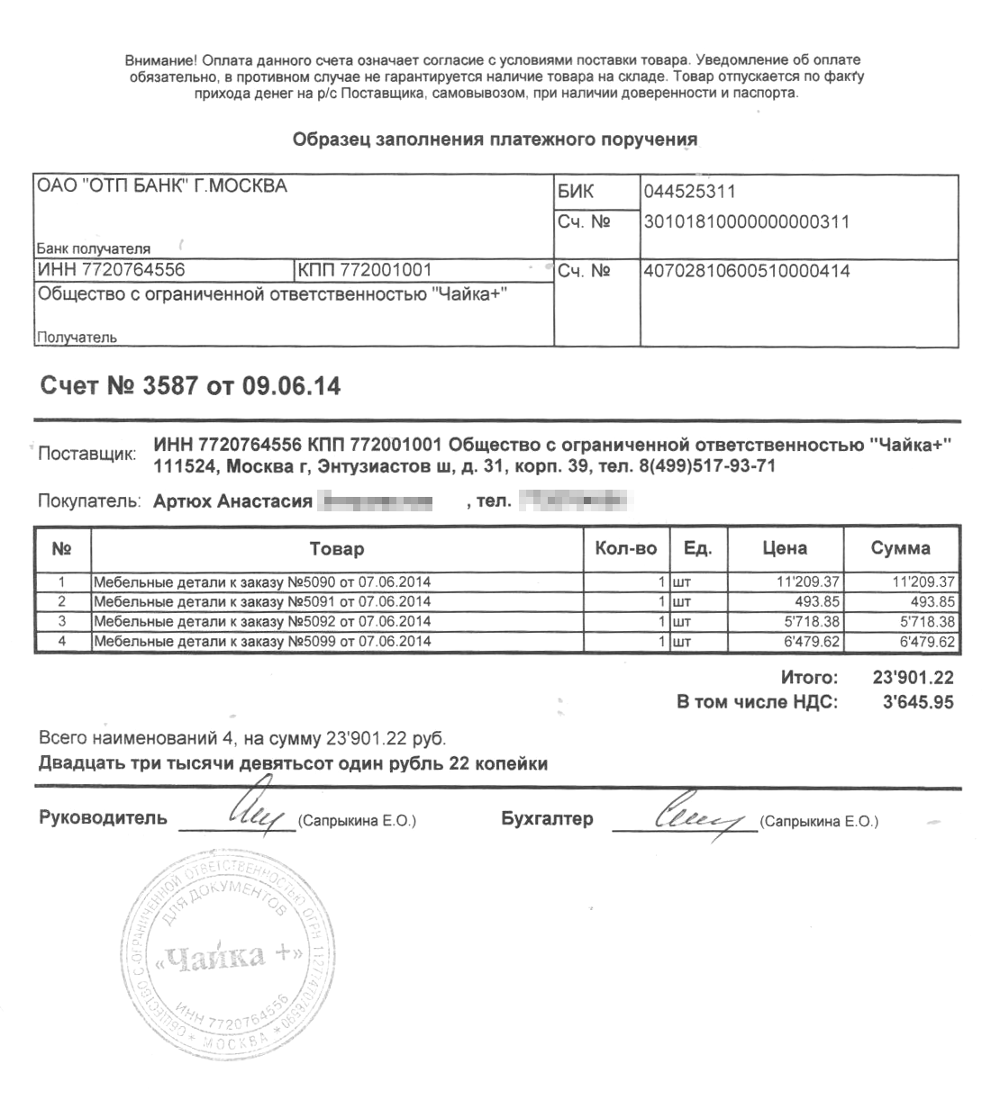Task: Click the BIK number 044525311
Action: pyautogui.click(x=689, y=191)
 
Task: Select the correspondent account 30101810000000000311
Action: pyautogui.click(x=746, y=221)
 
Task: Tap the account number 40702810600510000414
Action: pyautogui.click(x=746, y=270)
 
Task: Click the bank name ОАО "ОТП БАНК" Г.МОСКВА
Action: pyautogui.click(x=161, y=186)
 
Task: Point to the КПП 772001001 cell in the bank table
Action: pyautogui.click(x=365, y=270)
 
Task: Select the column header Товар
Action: pyautogui.click(x=336, y=548)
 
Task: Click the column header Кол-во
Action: pyautogui.click(x=625, y=548)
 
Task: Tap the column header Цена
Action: pyautogui.click(x=785, y=548)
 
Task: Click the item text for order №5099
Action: pyautogui.click(x=261, y=642)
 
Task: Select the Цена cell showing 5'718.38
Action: pyautogui.click(x=814, y=622)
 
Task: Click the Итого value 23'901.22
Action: pyautogui.click(x=913, y=678)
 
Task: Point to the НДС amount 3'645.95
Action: pyautogui.click(x=918, y=702)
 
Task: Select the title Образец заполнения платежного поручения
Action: pyautogui.click(x=495, y=140)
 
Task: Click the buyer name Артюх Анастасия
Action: pyautogui.click(x=232, y=501)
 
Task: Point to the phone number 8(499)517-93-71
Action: pyautogui.click(x=702, y=466)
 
